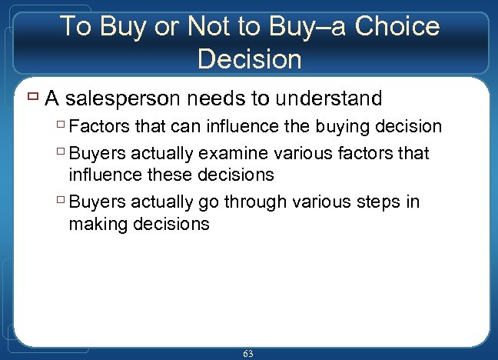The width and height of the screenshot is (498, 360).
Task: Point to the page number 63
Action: click(247, 353)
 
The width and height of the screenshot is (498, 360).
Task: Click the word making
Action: click(97, 224)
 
